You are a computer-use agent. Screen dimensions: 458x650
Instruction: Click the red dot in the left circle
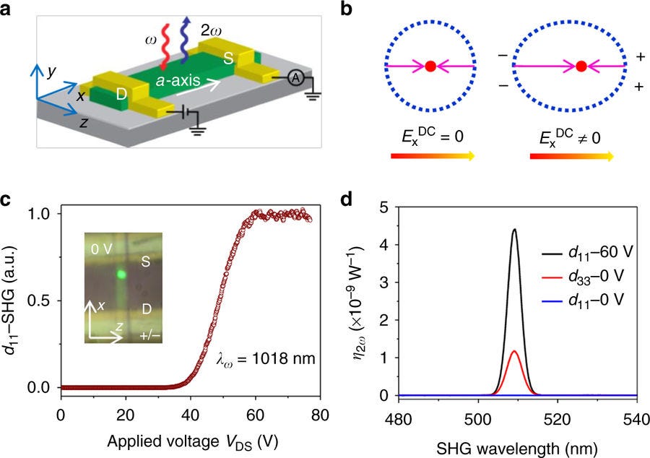(430, 66)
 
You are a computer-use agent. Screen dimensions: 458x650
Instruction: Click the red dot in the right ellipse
(581, 66)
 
